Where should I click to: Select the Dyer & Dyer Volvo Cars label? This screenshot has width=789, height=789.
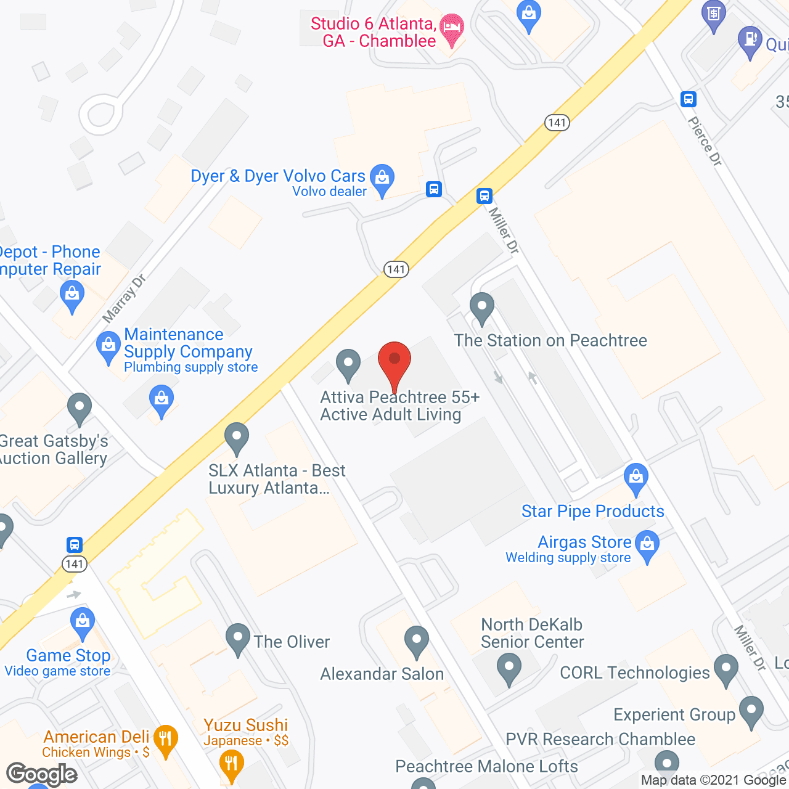278,176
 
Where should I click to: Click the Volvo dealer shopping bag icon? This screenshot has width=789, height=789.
382,179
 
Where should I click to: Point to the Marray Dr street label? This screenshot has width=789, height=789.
124,298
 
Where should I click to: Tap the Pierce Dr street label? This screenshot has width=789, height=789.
705,141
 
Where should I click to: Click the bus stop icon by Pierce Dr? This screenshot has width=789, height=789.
689,99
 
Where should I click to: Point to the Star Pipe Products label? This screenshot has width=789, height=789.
592,511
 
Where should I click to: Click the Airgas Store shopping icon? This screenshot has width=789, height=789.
647,546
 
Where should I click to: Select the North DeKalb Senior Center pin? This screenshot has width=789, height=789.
509,668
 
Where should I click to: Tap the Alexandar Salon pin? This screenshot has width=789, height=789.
417,641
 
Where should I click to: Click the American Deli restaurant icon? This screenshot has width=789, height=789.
165,740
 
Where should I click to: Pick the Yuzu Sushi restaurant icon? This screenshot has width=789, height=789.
231,764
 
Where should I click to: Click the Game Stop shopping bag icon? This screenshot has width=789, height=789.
82,623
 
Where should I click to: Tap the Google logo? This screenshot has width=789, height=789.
42,774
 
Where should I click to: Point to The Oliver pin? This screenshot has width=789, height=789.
238,639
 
